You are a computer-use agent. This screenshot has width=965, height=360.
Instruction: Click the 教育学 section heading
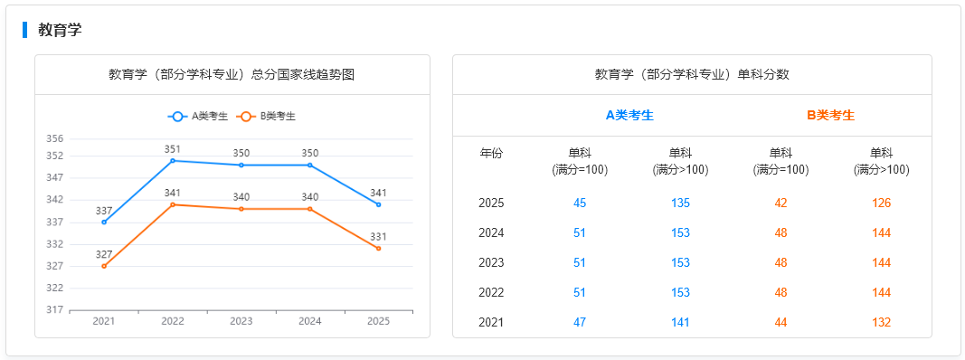click(60, 30)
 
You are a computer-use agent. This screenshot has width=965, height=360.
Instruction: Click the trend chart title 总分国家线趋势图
click(232, 74)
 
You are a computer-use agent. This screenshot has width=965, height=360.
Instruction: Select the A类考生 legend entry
click(198, 116)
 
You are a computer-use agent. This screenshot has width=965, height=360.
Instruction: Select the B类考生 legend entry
click(266, 116)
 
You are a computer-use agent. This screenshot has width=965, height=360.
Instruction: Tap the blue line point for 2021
click(104, 223)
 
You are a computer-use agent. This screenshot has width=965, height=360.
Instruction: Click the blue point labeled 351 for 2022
click(173, 160)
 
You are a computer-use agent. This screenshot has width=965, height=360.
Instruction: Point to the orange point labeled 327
click(104, 266)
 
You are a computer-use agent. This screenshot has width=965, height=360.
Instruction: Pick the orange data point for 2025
click(379, 249)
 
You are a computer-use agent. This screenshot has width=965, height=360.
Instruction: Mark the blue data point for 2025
click(379, 204)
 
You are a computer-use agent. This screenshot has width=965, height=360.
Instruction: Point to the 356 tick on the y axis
click(54, 138)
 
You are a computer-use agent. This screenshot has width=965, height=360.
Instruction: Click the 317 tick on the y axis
click(54, 310)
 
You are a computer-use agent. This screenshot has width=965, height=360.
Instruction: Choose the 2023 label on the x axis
click(241, 321)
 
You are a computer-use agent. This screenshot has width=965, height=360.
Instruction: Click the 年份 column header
click(491, 153)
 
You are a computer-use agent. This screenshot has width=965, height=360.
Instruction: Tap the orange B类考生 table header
click(830, 115)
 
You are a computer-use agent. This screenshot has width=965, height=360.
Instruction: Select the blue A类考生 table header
click(629, 115)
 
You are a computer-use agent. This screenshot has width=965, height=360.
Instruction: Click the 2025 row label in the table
click(491, 204)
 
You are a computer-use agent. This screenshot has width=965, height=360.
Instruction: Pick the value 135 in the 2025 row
click(680, 204)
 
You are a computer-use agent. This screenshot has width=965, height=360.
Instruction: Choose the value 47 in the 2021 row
click(580, 323)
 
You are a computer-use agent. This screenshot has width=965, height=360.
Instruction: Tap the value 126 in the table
click(881, 204)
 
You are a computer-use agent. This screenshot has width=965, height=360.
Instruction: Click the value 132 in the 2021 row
click(881, 323)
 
